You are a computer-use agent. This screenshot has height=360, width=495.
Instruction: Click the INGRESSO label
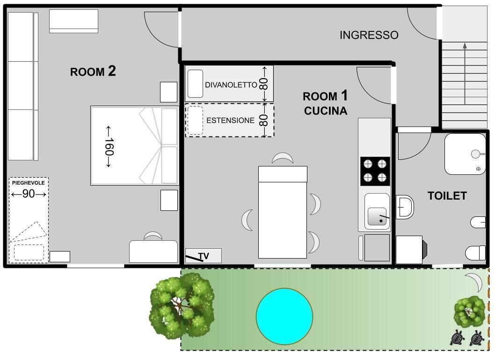[369, 35]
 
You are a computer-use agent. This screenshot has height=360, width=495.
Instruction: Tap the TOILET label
[447, 196]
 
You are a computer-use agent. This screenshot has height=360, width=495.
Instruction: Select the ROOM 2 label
[93, 72]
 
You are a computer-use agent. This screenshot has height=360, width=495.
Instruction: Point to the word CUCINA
[326, 111]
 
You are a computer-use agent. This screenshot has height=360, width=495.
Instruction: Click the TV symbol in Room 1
[204, 256]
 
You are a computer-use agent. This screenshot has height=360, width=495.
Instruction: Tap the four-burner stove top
[375, 171]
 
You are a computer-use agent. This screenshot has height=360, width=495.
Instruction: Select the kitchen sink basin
[377, 216]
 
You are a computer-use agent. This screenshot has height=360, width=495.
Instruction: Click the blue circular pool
[284, 316]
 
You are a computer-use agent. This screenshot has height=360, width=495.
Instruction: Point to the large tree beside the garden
[182, 306]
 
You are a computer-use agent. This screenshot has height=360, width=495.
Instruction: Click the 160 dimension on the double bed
[109, 146]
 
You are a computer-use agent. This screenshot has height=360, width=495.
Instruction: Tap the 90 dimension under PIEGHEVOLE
[29, 194]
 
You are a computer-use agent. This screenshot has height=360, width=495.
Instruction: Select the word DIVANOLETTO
[231, 85]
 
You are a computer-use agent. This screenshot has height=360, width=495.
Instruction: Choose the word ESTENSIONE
[230, 120]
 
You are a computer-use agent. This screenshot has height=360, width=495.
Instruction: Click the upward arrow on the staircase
[465, 73]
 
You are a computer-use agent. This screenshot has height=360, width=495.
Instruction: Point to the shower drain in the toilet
[478, 169]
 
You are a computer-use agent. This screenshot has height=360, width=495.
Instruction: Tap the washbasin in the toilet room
[404, 207]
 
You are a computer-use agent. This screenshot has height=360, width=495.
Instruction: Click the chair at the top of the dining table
[283, 158]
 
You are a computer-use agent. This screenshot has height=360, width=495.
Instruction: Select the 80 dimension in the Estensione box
[263, 120]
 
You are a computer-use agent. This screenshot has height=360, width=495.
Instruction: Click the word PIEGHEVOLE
[29, 183]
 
